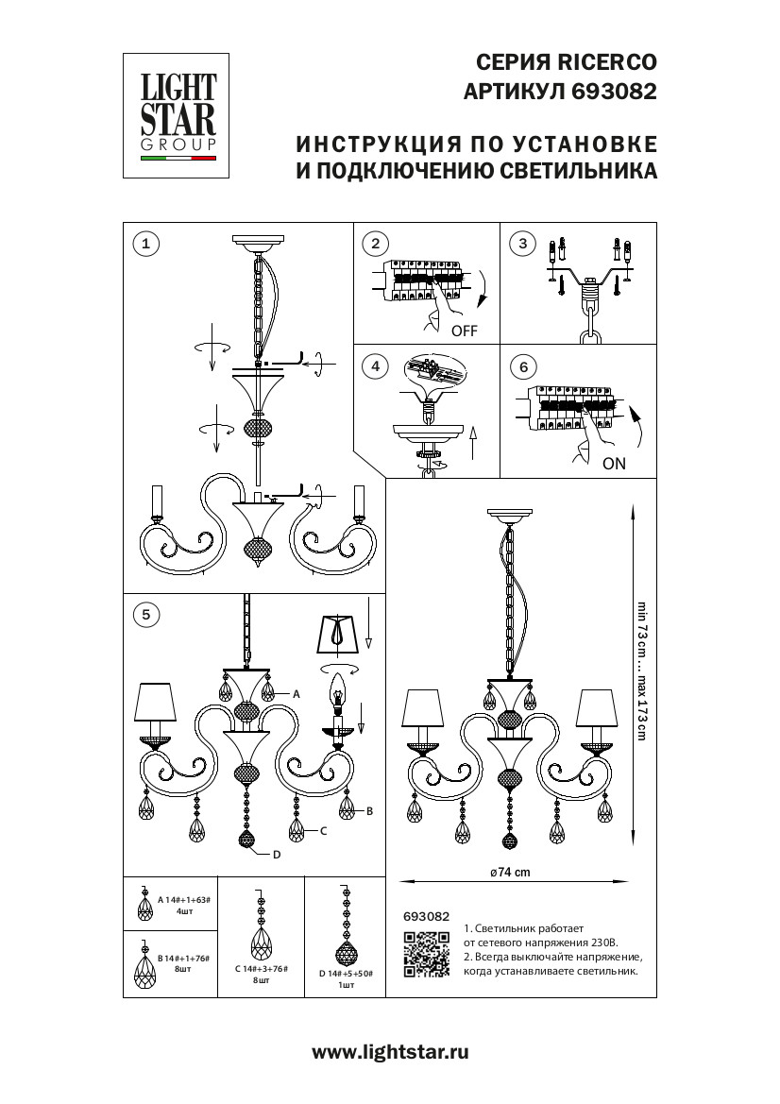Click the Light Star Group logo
[178, 115]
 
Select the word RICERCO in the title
[603, 63]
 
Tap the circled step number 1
[144, 244]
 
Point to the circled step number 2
[375, 244]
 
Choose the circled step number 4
[375, 366]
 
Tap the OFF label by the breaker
[465, 331]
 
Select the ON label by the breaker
[614, 464]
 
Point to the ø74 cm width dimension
[510, 873]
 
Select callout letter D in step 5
[277, 856]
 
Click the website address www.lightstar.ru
[390, 1051]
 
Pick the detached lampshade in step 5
[336, 635]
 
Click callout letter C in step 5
[323, 831]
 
